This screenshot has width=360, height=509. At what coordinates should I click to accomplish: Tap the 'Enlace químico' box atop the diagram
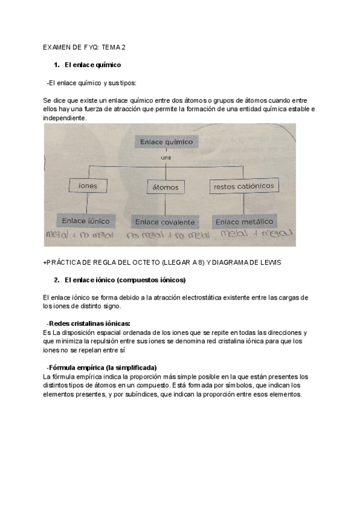(x=166, y=142)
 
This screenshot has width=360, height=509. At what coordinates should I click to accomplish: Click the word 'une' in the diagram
(x=166, y=157)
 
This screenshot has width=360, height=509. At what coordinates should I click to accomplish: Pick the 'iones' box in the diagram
(x=88, y=186)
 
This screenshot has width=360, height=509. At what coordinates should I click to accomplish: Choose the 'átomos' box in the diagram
(x=166, y=187)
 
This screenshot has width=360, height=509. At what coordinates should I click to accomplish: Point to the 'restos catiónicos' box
(x=244, y=187)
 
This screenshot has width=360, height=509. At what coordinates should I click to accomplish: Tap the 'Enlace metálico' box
(x=244, y=221)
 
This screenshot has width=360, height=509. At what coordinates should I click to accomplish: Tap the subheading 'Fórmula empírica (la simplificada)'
(x=102, y=367)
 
